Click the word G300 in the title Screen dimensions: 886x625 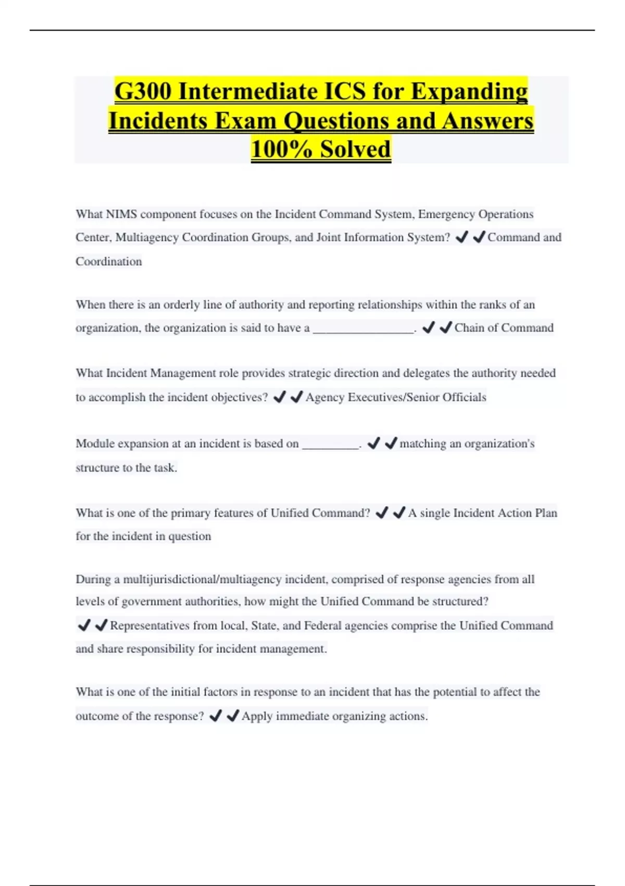[x=142, y=92]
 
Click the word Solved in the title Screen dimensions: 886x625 [x=355, y=149]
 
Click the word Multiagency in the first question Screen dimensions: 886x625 [x=147, y=238]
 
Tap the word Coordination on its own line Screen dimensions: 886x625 [x=108, y=261]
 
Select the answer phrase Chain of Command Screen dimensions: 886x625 [x=504, y=328]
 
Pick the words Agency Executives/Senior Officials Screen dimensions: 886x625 [x=396, y=397]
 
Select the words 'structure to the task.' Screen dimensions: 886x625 [x=126, y=467]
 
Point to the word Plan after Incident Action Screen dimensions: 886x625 [x=546, y=513]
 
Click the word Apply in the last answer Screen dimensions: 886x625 [x=257, y=716]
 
